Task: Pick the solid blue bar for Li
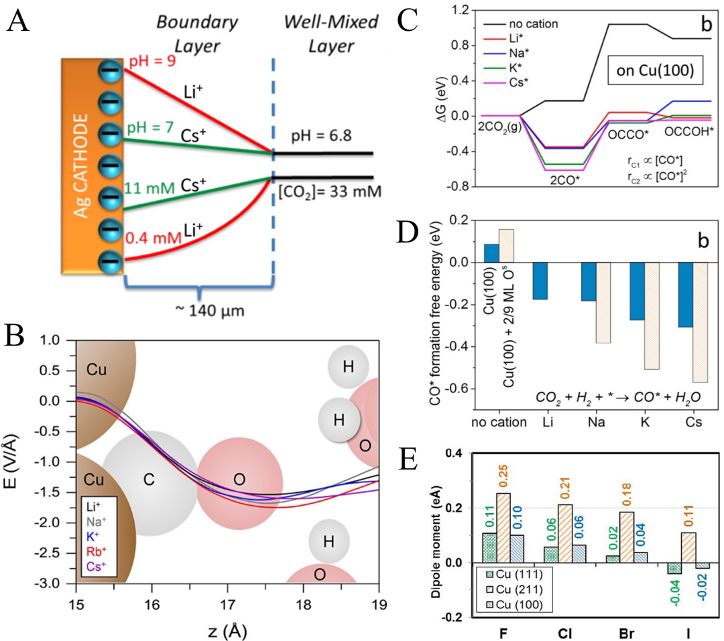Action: [x=539, y=281]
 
